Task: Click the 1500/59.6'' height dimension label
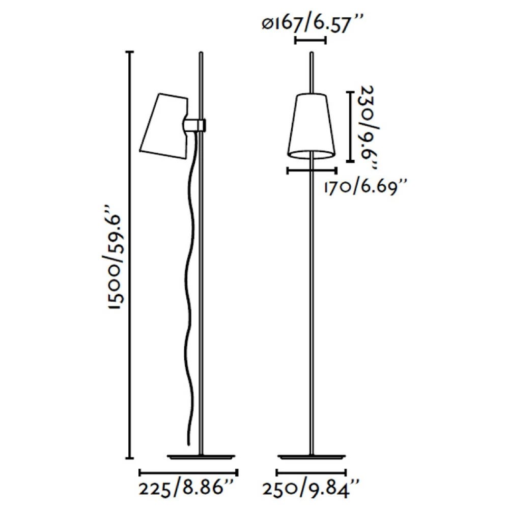[x=116, y=258]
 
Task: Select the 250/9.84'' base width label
[x=310, y=489]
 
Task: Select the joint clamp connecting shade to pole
[x=195, y=125]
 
